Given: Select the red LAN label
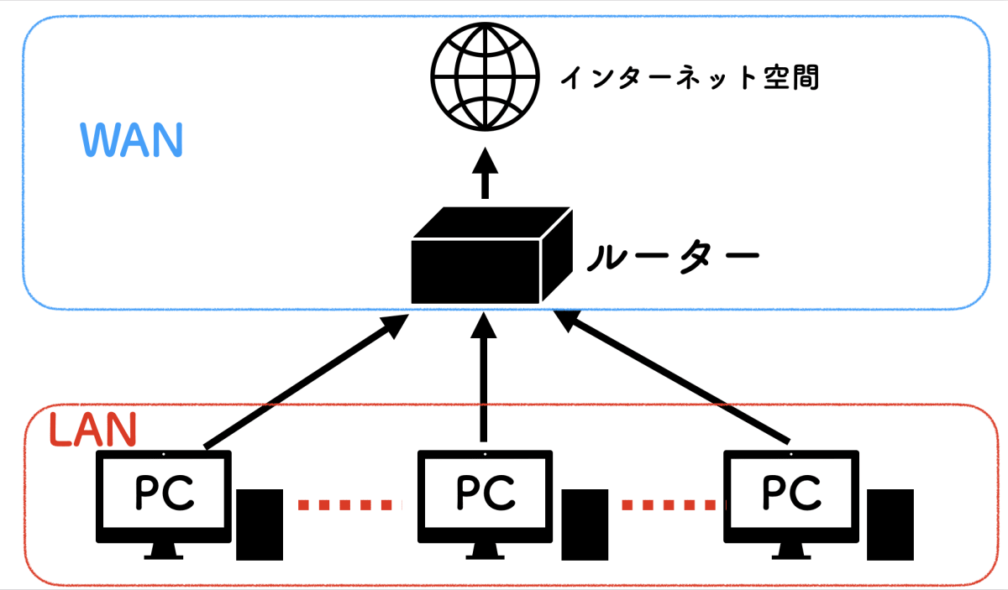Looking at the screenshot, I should coord(92,430).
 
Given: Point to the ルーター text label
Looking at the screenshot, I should coord(672,256).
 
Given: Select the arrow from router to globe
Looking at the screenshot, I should coord(485,174).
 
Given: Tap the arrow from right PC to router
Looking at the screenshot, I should coord(672,378).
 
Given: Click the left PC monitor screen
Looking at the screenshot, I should coord(164,495).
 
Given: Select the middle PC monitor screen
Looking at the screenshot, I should coord(486,495).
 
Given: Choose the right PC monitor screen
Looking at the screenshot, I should coord(792,495).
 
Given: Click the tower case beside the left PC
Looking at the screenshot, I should coord(258,525).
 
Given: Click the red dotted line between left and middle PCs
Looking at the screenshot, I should coord(344,504).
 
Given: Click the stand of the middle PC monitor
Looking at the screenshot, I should coord(486,551).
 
